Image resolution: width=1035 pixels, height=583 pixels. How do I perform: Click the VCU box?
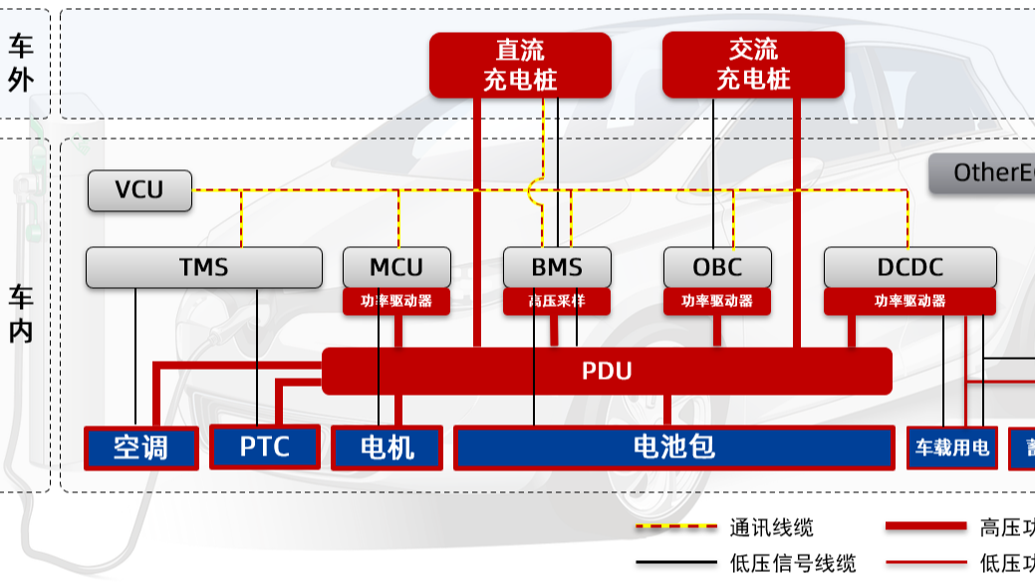pos(139,190)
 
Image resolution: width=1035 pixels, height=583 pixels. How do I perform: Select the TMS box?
pos(203,267)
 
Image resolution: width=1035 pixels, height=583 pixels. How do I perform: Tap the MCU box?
pos(396,267)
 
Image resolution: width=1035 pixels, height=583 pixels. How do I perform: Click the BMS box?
pos(557,267)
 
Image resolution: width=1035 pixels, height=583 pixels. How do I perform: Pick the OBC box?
pos(717,267)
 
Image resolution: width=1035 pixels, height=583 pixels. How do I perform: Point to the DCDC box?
pos(909,267)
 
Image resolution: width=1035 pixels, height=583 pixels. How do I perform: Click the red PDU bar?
pos(607,372)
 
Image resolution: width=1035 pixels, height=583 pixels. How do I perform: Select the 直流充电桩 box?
pos(520,65)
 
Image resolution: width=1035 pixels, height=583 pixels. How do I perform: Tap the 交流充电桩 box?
pos(753,65)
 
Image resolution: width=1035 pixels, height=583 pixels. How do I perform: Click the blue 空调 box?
pos(140,447)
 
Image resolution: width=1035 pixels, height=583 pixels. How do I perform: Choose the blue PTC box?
pos(265,446)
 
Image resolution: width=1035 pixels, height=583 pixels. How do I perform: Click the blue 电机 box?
pos(387,447)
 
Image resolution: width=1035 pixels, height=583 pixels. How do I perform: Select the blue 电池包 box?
pos(673,447)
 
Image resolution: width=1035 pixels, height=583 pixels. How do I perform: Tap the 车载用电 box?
pos(951,447)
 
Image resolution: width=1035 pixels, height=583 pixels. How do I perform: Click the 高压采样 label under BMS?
pos(557,301)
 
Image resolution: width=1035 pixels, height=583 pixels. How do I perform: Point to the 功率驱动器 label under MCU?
pos(396,301)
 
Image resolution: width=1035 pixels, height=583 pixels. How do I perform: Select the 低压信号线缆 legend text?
pos(792,563)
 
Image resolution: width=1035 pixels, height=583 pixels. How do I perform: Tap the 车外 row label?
pos(21,63)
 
